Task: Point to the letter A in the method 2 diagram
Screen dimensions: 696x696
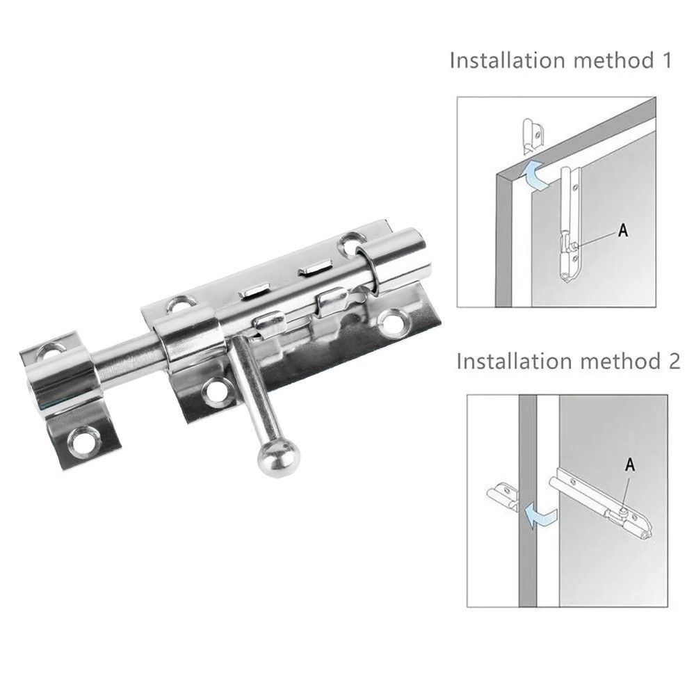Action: tap(630, 464)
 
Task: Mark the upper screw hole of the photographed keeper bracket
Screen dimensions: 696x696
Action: tap(54, 350)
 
